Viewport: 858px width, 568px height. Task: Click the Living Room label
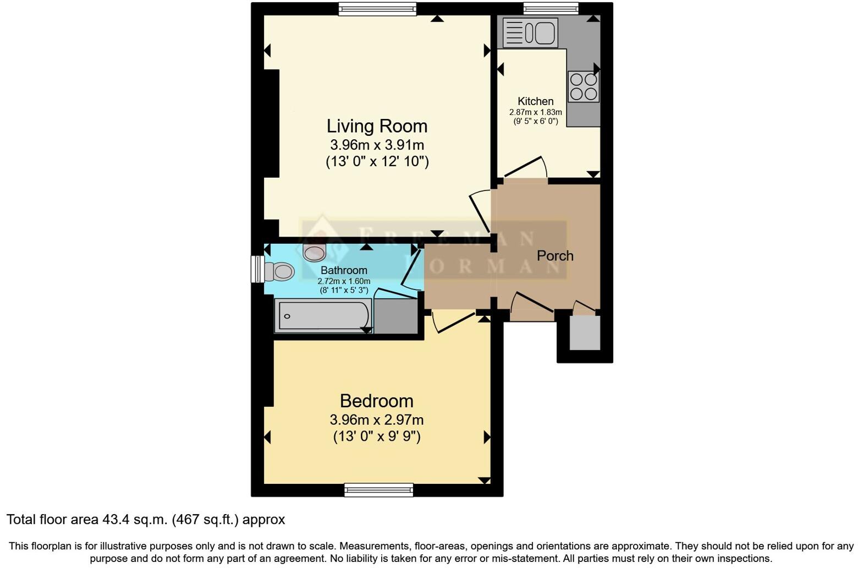click(377, 126)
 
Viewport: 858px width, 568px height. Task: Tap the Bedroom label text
click(376, 401)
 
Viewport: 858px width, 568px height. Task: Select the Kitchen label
click(535, 101)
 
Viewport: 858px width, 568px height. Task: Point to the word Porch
click(555, 256)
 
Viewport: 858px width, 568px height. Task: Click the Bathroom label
click(344, 270)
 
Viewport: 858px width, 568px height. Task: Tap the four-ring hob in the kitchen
click(584, 87)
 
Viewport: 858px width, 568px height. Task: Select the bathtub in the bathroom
click(323, 316)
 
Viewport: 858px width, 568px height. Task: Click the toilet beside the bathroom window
click(279, 271)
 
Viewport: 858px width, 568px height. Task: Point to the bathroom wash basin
click(315, 253)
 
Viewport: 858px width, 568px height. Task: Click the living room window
click(377, 9)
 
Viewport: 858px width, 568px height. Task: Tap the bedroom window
click(378, 490)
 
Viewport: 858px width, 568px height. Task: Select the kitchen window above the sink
click(551, 9)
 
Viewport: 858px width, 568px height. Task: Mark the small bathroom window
click(257, 269)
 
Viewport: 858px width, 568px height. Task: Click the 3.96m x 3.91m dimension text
click(377, 145)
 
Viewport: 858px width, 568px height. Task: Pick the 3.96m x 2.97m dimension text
click(376, 420)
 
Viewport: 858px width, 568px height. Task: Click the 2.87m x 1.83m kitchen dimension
click(535, 112)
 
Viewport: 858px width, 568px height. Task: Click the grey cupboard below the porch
click(585, 332)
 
